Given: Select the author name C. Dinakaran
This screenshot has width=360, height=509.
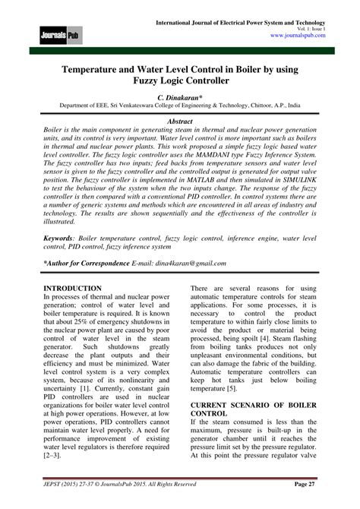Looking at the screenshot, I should [x=179, y=99].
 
